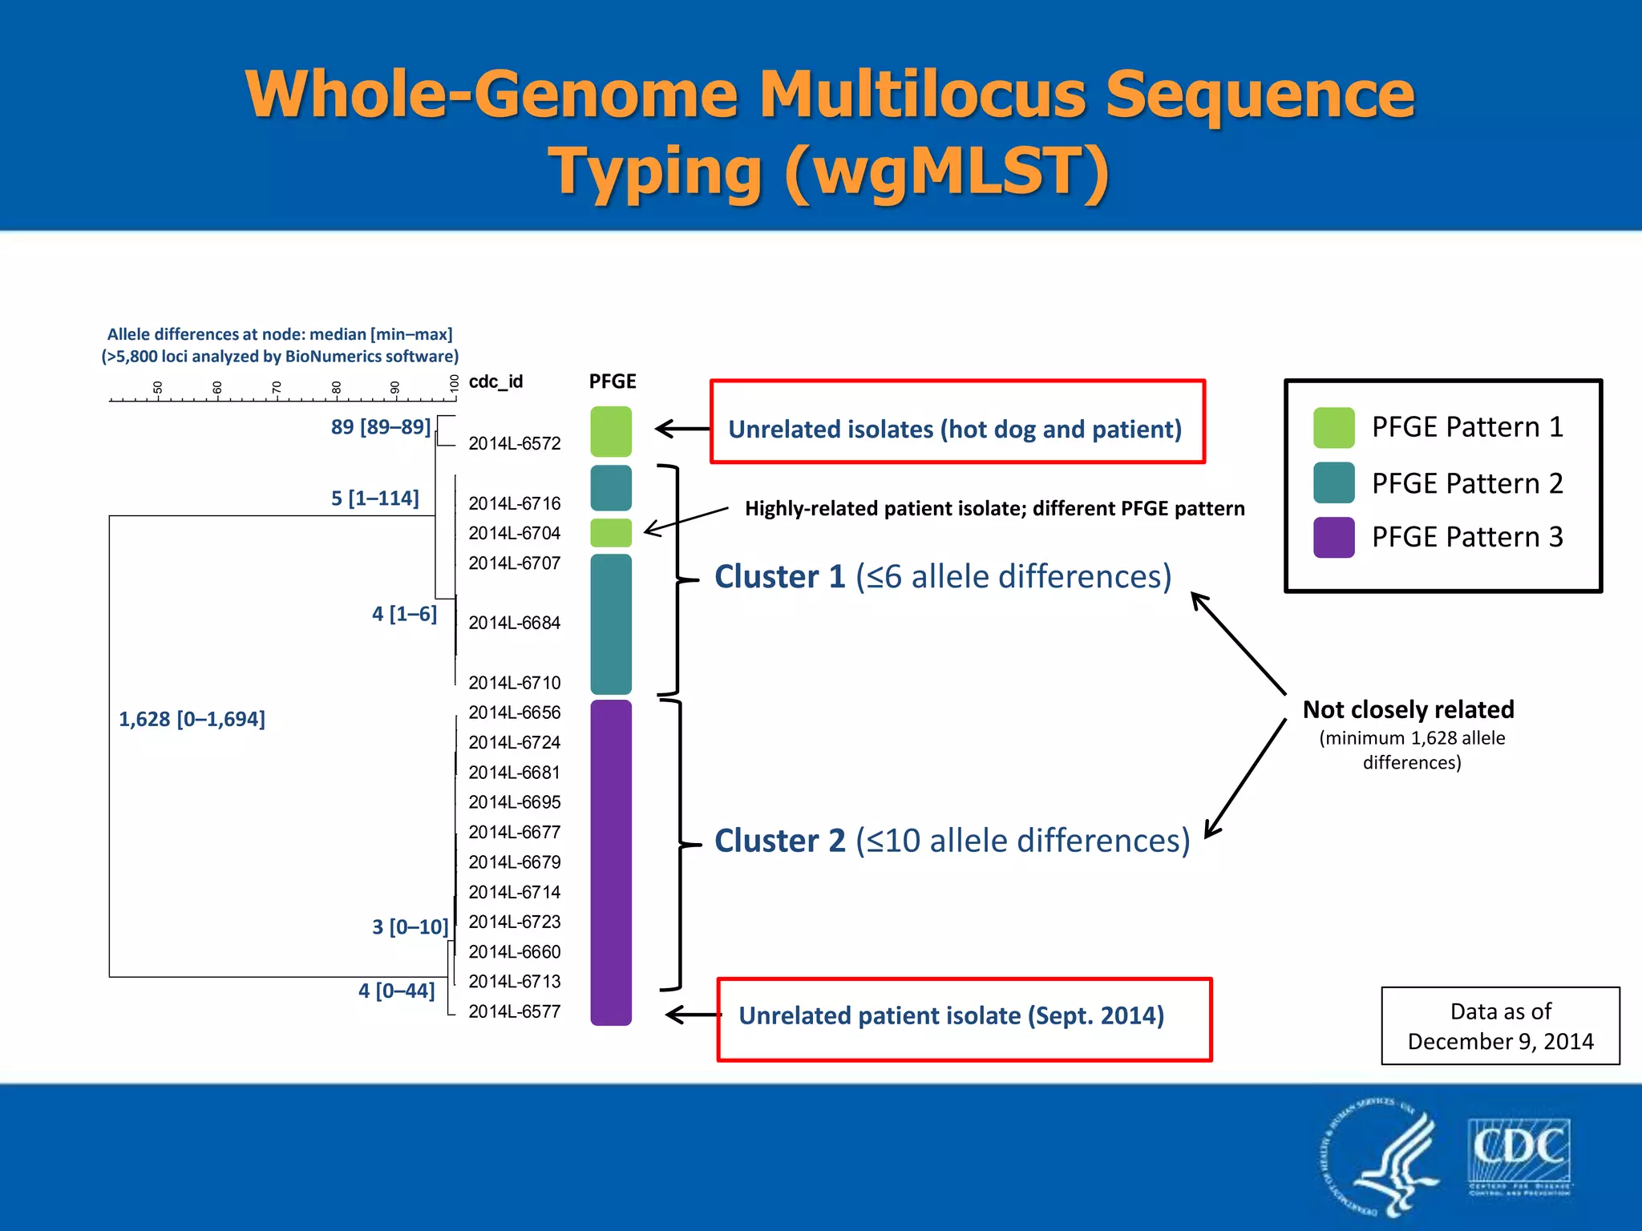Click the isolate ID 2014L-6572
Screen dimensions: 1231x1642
514,443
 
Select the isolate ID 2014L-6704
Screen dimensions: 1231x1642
514,533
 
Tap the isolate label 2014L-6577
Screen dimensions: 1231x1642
514,1011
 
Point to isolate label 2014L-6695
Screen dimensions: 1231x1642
514,802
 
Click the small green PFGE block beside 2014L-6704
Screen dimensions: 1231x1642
611,533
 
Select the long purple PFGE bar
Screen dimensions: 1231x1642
611,862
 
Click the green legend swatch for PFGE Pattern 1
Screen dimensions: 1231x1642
1333,427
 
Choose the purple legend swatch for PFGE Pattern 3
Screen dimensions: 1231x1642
1333,537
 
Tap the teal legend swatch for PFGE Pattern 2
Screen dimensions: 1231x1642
1333,482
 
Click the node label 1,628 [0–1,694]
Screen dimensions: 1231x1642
192,719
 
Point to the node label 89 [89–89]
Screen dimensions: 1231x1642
381,426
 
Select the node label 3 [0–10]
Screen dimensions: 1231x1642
410,927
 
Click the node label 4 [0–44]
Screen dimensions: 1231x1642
396,991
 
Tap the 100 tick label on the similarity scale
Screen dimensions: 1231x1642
454,383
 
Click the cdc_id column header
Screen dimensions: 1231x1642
495,381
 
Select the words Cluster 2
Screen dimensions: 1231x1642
779,841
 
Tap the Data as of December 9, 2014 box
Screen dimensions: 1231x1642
1500,1026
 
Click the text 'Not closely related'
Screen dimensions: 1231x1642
1408,709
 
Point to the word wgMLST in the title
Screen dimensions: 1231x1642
945,171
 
